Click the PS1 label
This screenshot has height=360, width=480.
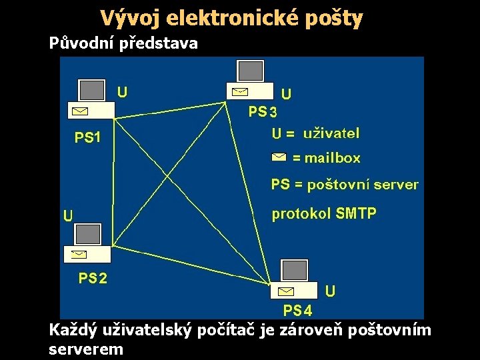coord(87,138)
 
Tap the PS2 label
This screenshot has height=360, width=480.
coord(93,278)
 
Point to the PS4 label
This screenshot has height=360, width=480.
coord(298,310)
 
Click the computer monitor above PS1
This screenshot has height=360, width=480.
coord(92,90)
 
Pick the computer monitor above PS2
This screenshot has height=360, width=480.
coord(88,234)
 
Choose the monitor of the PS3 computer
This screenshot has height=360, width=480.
coord(251,71)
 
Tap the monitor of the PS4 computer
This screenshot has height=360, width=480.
coord(295,270)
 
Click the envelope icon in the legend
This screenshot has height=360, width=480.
coord(279,157)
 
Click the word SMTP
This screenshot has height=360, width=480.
coord(356,213)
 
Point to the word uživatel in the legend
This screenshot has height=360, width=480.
coord(331,133)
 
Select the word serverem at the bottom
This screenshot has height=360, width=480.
coord(86,348)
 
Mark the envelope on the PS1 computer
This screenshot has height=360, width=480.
coord(81,110)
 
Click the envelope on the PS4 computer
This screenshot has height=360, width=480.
coord(286,291)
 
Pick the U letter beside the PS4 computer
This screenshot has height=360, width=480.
coord(330,291)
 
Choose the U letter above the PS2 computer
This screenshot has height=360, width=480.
coord(67,215)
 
